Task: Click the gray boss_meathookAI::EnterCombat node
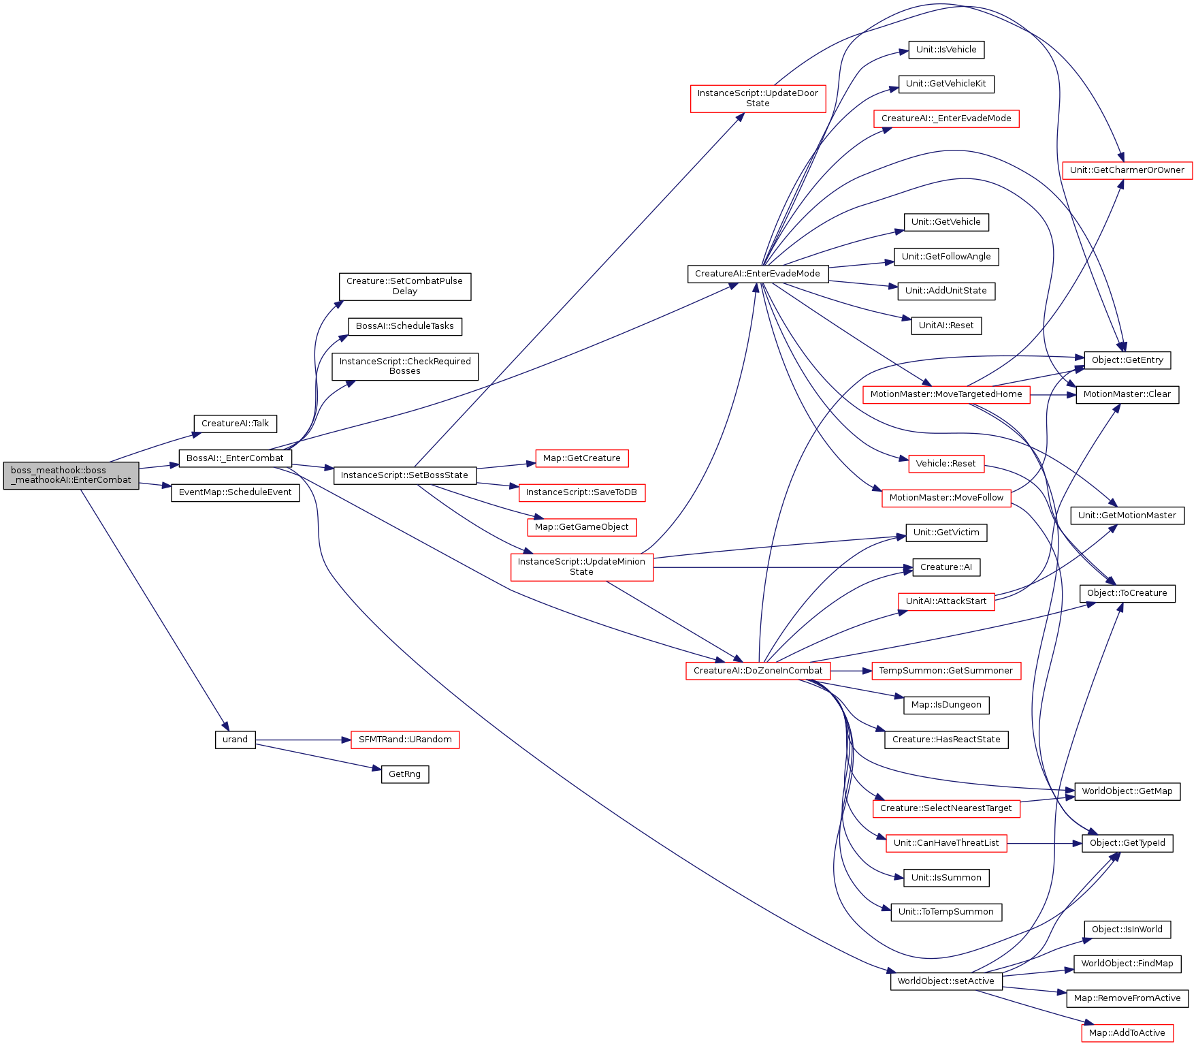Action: coord(71,475)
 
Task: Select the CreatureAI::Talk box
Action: coord(236,424)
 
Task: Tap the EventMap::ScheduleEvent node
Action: coord(236,492)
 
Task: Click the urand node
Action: coord(236,740)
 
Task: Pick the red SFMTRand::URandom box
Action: coord(405,740)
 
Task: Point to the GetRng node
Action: coord(405,774)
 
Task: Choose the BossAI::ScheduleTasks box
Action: coord(405,326)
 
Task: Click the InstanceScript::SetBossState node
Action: coord(405,475)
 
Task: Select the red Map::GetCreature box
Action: coord(582,458)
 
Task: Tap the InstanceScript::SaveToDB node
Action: coord(582,492)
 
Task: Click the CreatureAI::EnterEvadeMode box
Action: coord(758,274)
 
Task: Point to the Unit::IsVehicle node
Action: coord(946,50)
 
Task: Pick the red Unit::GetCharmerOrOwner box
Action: coord(1127,170)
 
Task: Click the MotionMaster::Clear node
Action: coord(1127,394)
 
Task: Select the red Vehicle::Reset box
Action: coord(946,464)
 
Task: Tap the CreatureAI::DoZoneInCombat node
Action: coord(758,671)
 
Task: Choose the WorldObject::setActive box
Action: coord(946,981)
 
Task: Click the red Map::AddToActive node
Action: coord(1127,1033)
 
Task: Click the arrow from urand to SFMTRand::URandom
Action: coord(303,740)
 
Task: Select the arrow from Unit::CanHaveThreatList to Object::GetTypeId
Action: coord(1045,843)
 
